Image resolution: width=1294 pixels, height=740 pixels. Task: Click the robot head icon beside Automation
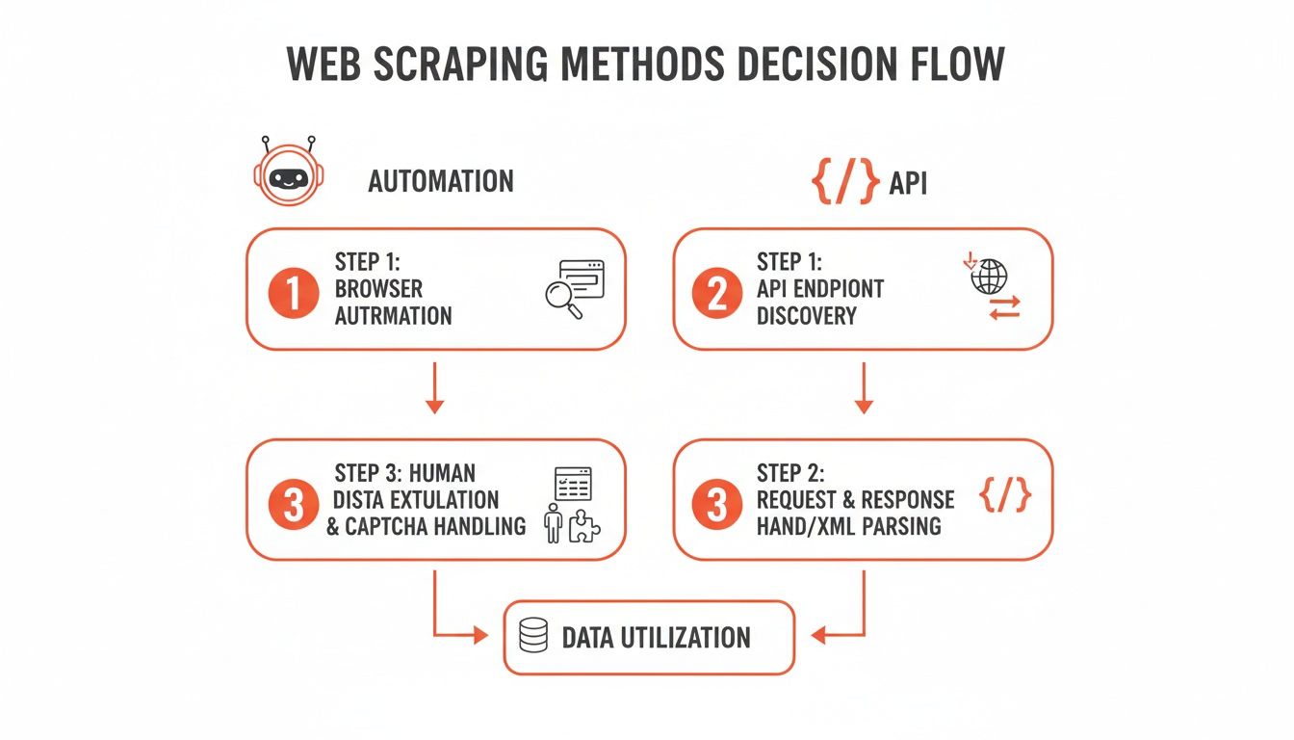point(289,174)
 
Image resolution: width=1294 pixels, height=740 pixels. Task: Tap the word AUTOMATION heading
point(440,181)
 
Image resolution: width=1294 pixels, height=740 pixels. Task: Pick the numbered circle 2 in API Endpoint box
point(716,293)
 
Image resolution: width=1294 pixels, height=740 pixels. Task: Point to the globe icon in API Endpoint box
point(989,275)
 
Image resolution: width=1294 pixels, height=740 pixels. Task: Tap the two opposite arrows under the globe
point(1004,307)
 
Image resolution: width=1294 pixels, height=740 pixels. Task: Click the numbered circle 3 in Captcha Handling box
point(293,504)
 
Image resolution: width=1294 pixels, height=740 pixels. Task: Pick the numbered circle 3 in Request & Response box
point(716,504)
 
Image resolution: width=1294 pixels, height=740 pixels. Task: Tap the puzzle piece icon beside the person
point(583,526)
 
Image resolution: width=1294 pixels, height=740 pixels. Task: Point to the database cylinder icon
point(533,636)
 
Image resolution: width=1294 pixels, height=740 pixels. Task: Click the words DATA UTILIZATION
point(656,637)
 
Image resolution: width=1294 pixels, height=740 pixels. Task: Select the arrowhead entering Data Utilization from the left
point(480,636)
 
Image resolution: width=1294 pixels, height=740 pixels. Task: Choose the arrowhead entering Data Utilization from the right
point(819,636)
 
